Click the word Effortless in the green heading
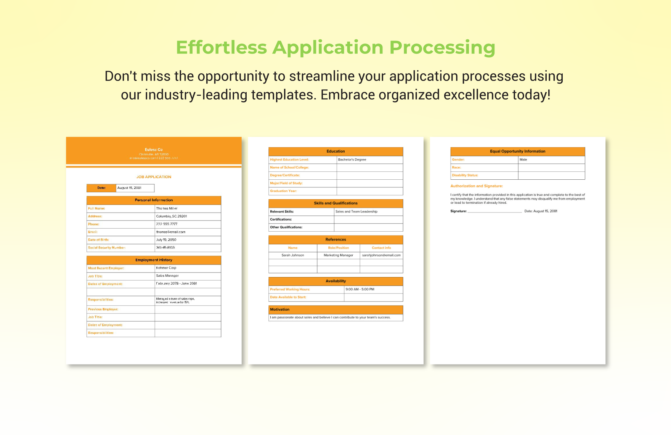point(221,48)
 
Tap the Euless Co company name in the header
point(154,150)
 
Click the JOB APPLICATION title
point(154,177)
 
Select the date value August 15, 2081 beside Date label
point(129,188)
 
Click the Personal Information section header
point(154,200)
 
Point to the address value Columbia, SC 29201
point(171,216)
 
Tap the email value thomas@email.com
point(170,232)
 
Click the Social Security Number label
point(107,248)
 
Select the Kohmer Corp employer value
point(166,268)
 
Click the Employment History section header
point(154,260)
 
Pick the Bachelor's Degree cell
point(352,159)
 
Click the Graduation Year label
point(283,191)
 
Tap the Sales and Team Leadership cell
point(356,211)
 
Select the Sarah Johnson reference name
point(293,255)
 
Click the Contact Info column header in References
point(381,248)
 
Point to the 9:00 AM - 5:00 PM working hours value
point(360,289)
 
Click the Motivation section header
point(280,309)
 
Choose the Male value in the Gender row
point(523,159)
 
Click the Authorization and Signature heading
point(477,186)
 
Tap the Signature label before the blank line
point(458,211)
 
